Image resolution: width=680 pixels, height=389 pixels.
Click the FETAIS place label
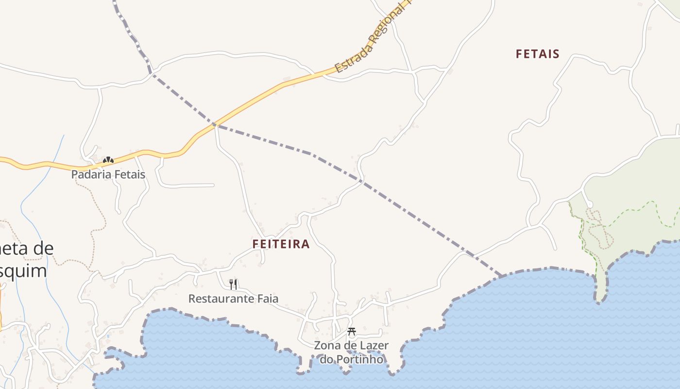tap(537, 53)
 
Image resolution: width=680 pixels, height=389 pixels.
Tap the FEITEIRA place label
tap(281, 244)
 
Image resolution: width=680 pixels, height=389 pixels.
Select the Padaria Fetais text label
tap(108, 174)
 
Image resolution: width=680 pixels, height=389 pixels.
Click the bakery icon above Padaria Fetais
tap(108, 159)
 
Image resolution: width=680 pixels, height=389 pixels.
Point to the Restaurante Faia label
tap(233, 298)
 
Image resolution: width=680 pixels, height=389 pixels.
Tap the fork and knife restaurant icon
tap(233, 284)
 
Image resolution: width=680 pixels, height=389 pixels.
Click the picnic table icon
tap(352, 332)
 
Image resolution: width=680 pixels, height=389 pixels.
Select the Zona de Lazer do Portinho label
tap(351, 353)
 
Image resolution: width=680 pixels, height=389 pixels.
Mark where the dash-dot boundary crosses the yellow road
tap(214, 125)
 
